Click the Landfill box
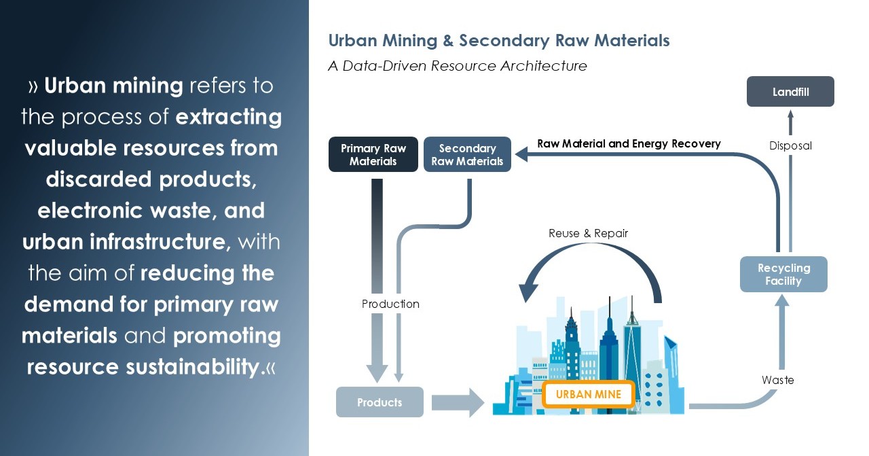(x=790, y=92)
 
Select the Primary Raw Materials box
(x=373, y=154)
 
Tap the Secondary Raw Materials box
(x=467, y=154)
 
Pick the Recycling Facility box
(x=783, y=275)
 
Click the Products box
(x=380, y=402)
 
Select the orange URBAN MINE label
(x=589, y=394)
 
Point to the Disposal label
(x=790, y=145)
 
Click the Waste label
(x=777, y=380)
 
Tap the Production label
(x=390, y=304)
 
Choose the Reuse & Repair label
(x=588, y=233)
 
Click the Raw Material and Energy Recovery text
(x=629, y=143)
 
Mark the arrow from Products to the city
(x=458, y=402)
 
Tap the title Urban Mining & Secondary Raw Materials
(x=499, y=41)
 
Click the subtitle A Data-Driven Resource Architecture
(x=457, y=66)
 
